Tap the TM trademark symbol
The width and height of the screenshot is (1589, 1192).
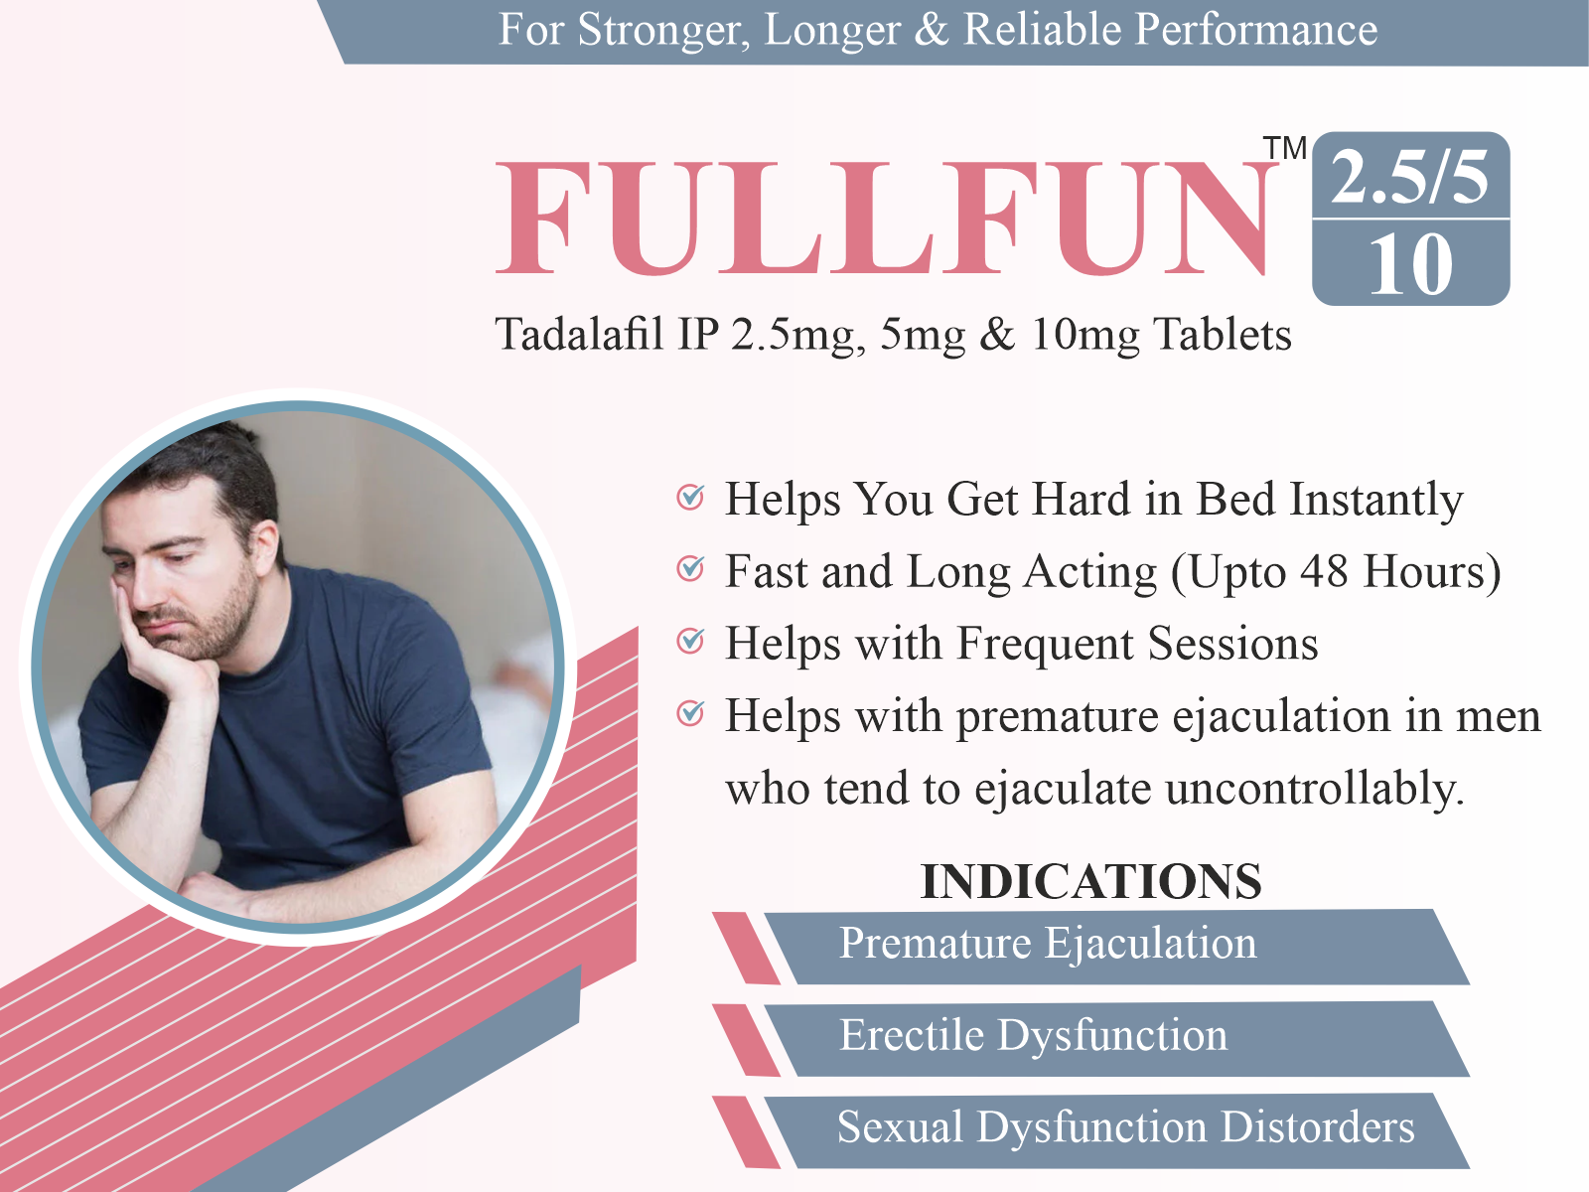pos(1285,148)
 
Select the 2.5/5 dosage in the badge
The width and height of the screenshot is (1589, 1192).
pos(1409,178)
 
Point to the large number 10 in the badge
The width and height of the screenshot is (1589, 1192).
pos(1411,265)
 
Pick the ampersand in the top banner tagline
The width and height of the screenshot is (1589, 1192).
pos(933,31)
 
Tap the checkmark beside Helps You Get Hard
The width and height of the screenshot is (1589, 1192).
pos(690,498)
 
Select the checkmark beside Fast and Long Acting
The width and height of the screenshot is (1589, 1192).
pos(690,569)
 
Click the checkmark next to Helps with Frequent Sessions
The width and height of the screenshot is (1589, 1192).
pos(690,642)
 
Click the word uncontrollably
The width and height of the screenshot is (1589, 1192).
pos(1315,788)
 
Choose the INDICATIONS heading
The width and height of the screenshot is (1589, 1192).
pos(1090,881)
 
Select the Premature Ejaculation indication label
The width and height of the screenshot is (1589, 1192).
pos(1048,944)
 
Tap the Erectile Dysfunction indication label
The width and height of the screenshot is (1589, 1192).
pos(1034,1036)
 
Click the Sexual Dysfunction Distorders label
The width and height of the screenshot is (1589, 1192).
pos(1125,1127)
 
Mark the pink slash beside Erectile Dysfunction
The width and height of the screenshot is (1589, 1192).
pos(747,1040)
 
